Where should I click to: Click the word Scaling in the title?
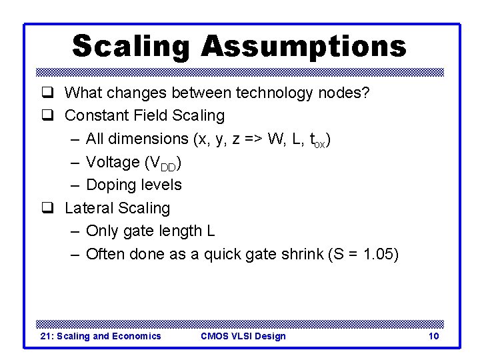[131, 47]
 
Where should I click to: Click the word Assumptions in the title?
[303, 47]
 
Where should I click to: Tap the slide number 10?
[433, 336]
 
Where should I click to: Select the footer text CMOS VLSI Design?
[243, 336]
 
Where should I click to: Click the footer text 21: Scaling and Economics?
[101, 336]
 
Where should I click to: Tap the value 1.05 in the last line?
[377, 254]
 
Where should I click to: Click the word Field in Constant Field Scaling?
[151, 115]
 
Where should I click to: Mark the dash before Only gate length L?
[75, 231]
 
